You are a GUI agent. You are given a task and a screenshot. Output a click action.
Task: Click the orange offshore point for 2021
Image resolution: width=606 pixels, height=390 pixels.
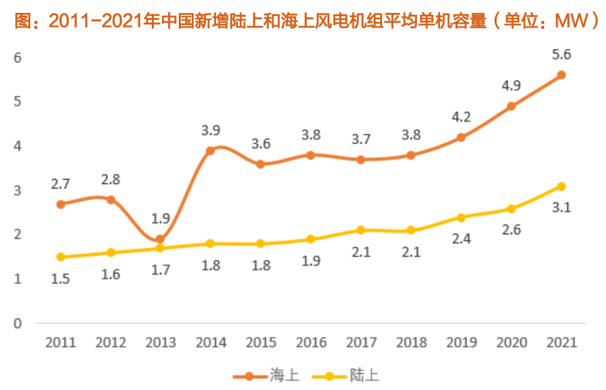pyautogui.click(x=561, y=75)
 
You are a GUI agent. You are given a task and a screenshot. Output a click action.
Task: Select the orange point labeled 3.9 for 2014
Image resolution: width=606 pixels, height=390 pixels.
pyautogui.click(x=210, y=151)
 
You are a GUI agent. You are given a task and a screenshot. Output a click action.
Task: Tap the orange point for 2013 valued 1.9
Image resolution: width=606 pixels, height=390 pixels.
pyautogui.click(x=160, y=239)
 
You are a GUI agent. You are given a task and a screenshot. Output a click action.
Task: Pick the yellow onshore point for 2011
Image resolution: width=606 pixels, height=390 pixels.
pyautogui.click(x=60, y=257)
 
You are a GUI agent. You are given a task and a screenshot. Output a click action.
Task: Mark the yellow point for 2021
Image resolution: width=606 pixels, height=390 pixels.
pyautogui.click(x=561, y=187)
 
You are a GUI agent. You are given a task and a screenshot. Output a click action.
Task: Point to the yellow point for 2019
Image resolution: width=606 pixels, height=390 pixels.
pyautogui.click(x=461, y=218)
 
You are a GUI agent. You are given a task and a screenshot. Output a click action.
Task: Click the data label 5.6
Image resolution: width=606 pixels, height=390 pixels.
pyautogui.click(x=561, y=55)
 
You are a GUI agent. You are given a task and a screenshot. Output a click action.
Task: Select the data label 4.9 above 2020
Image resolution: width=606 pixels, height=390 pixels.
pyautogui.click(x=511, y=86)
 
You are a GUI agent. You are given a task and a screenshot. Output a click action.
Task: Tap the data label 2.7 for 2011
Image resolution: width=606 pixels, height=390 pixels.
pyautogui.click(x=60, y=184)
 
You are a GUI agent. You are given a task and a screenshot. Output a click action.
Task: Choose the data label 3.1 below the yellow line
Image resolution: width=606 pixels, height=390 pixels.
pyautogui.click(x=561, y=207)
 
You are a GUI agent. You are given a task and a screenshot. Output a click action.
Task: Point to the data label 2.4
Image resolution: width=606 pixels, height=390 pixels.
pyautogui.click(x=461, y=239)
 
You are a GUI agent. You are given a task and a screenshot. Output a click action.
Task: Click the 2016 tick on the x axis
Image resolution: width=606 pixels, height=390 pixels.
pyautogui.click(x=311, y=342)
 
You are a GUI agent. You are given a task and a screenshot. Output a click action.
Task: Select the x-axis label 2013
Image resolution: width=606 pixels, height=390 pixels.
pyautogui.click(x=160, y=342)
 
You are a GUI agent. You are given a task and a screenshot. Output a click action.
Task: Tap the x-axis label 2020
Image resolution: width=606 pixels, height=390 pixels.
pyautogui.click(x=511, y=342)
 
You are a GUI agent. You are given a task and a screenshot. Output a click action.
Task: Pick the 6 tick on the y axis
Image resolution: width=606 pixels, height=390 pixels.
pyautogui.click(x=18, y=57)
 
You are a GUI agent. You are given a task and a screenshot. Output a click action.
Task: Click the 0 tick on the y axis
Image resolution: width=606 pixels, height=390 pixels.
pyautogui.click(x=18, y=323)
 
